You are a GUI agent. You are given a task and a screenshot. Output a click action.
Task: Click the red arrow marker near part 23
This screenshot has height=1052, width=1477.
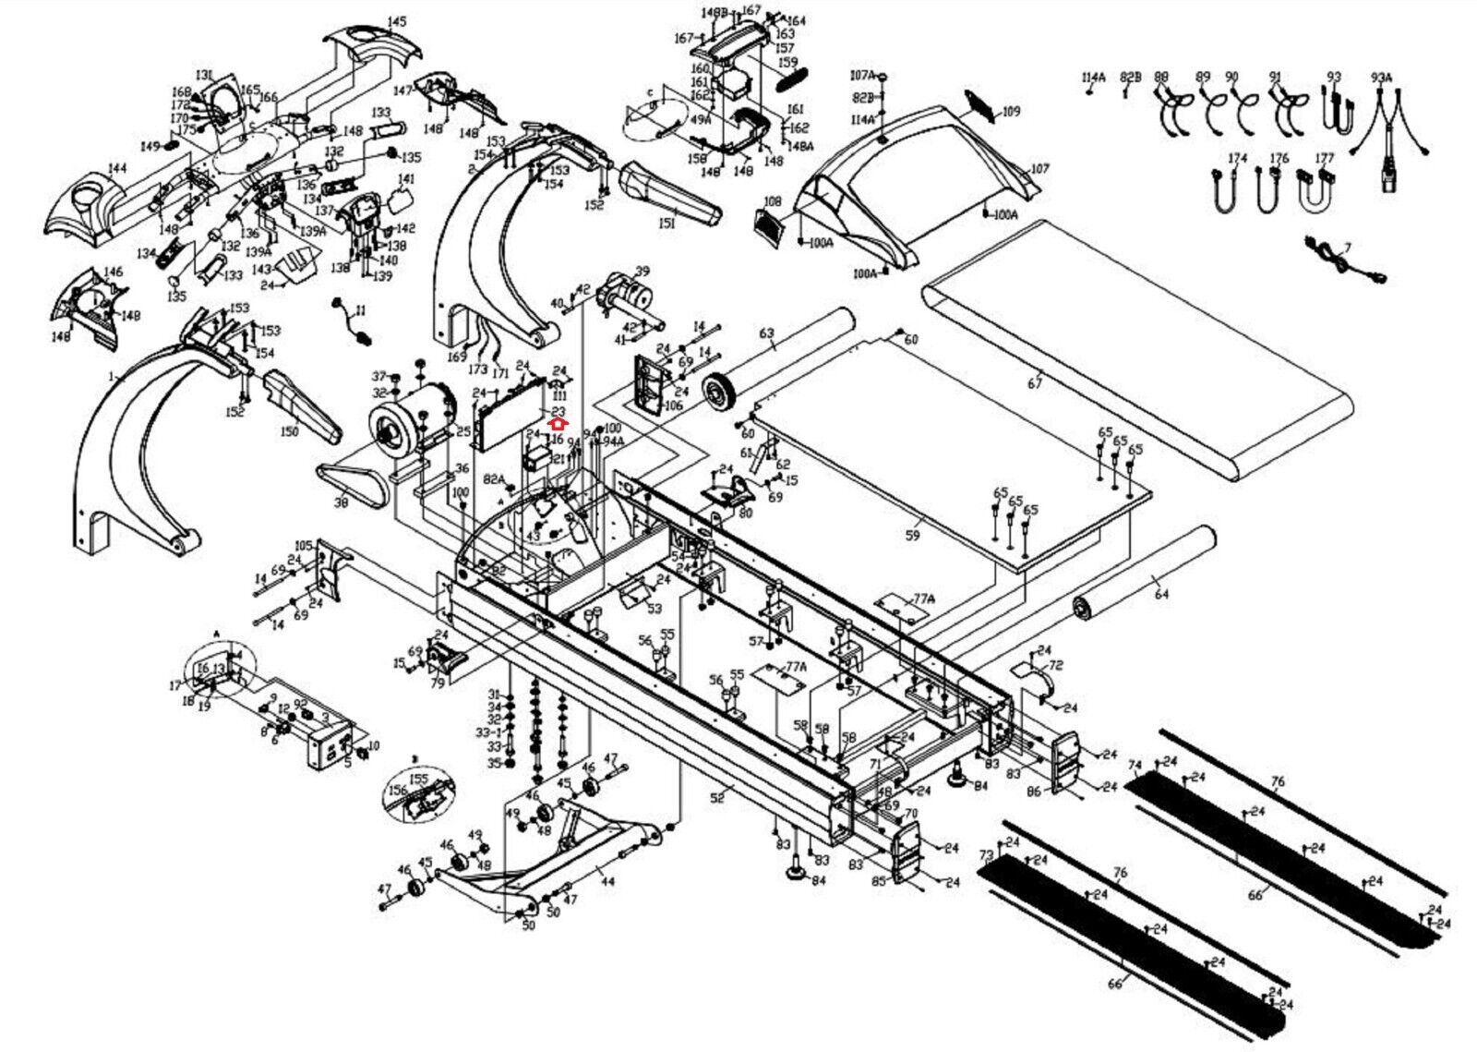click(x=556, y=423)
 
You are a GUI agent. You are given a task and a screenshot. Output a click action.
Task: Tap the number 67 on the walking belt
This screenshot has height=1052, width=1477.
click(x=1035, y=383)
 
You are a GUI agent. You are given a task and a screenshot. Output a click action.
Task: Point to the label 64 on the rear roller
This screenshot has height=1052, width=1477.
click(x=1161, y=594)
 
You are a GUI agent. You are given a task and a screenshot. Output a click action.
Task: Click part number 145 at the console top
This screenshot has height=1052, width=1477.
click(x=396, y=21)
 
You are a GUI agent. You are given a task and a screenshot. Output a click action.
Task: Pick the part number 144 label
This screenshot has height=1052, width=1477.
click(x=117, y=168)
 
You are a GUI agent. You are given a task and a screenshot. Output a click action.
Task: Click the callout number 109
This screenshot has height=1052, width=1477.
click(x=1012, y=112)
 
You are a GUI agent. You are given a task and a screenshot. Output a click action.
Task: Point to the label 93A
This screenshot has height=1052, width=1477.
click(x=1381, y=79)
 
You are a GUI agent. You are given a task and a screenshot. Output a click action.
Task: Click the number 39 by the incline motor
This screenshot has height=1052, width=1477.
click(x=642, y=271)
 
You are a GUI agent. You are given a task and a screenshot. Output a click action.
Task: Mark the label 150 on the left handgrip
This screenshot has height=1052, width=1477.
click(x=290, y=431)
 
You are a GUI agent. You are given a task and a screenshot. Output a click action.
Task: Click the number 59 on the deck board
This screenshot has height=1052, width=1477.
click(x=913, y=534)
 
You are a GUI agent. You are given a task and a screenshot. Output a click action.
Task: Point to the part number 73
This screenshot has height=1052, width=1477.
click(x=985, y=854)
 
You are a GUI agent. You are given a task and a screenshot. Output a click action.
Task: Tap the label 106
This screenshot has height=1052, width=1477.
click(x=673, y=405)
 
